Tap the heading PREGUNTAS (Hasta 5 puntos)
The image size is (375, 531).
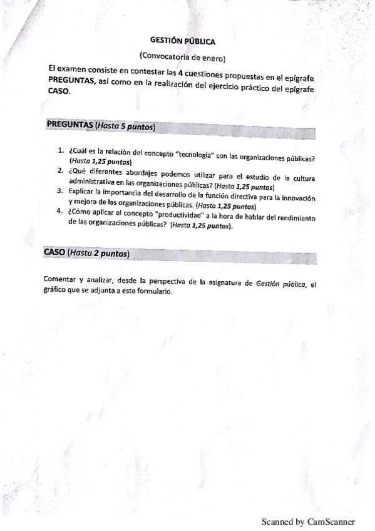(101, 126)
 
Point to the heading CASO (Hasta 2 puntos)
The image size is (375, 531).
(87, 253)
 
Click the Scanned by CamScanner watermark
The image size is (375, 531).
(307, 521)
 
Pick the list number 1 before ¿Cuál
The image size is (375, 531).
(61, 152)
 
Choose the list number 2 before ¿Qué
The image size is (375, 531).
(61, 170)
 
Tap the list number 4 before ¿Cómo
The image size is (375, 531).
(61, 210)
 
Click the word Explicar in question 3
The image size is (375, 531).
(81, 192)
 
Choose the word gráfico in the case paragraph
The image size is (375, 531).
(56, 291)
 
